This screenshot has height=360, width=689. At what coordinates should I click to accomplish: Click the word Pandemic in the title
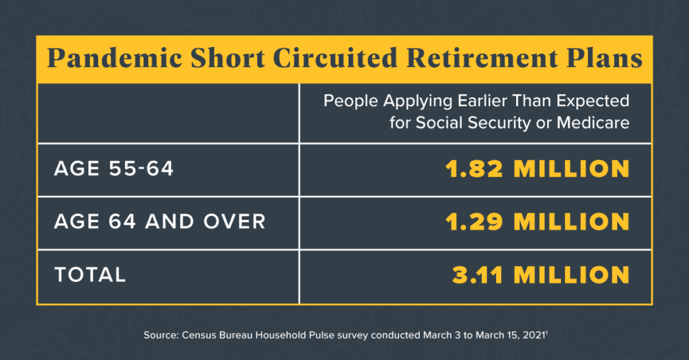coord(114,59)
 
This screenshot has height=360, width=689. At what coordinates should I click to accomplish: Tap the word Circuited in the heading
coord(335,59)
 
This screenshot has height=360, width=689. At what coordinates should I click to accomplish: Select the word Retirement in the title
coord(482,59)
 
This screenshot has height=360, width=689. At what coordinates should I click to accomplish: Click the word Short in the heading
coord(227,59)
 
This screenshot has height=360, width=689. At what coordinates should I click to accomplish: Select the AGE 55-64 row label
coord(114,169)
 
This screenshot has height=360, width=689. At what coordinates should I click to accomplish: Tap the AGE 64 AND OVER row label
coord(160,221)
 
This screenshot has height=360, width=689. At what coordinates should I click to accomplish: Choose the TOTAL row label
coord(90,275)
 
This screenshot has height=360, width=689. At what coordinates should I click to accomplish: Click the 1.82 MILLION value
coord(538,169)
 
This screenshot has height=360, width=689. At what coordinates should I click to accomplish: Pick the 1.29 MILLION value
coord(538,222)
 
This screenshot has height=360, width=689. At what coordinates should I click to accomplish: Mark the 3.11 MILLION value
coord(541,275)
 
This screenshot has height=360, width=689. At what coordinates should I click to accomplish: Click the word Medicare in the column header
coord(593,122)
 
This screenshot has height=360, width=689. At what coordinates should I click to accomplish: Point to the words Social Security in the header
coord(473,122)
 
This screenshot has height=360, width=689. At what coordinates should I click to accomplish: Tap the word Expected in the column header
coord(593,101)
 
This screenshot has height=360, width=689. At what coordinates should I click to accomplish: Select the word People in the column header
coord(351,101)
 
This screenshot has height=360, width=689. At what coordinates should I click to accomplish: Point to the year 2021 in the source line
coord(534,335)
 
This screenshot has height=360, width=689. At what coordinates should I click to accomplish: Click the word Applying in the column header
coord(417,101)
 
